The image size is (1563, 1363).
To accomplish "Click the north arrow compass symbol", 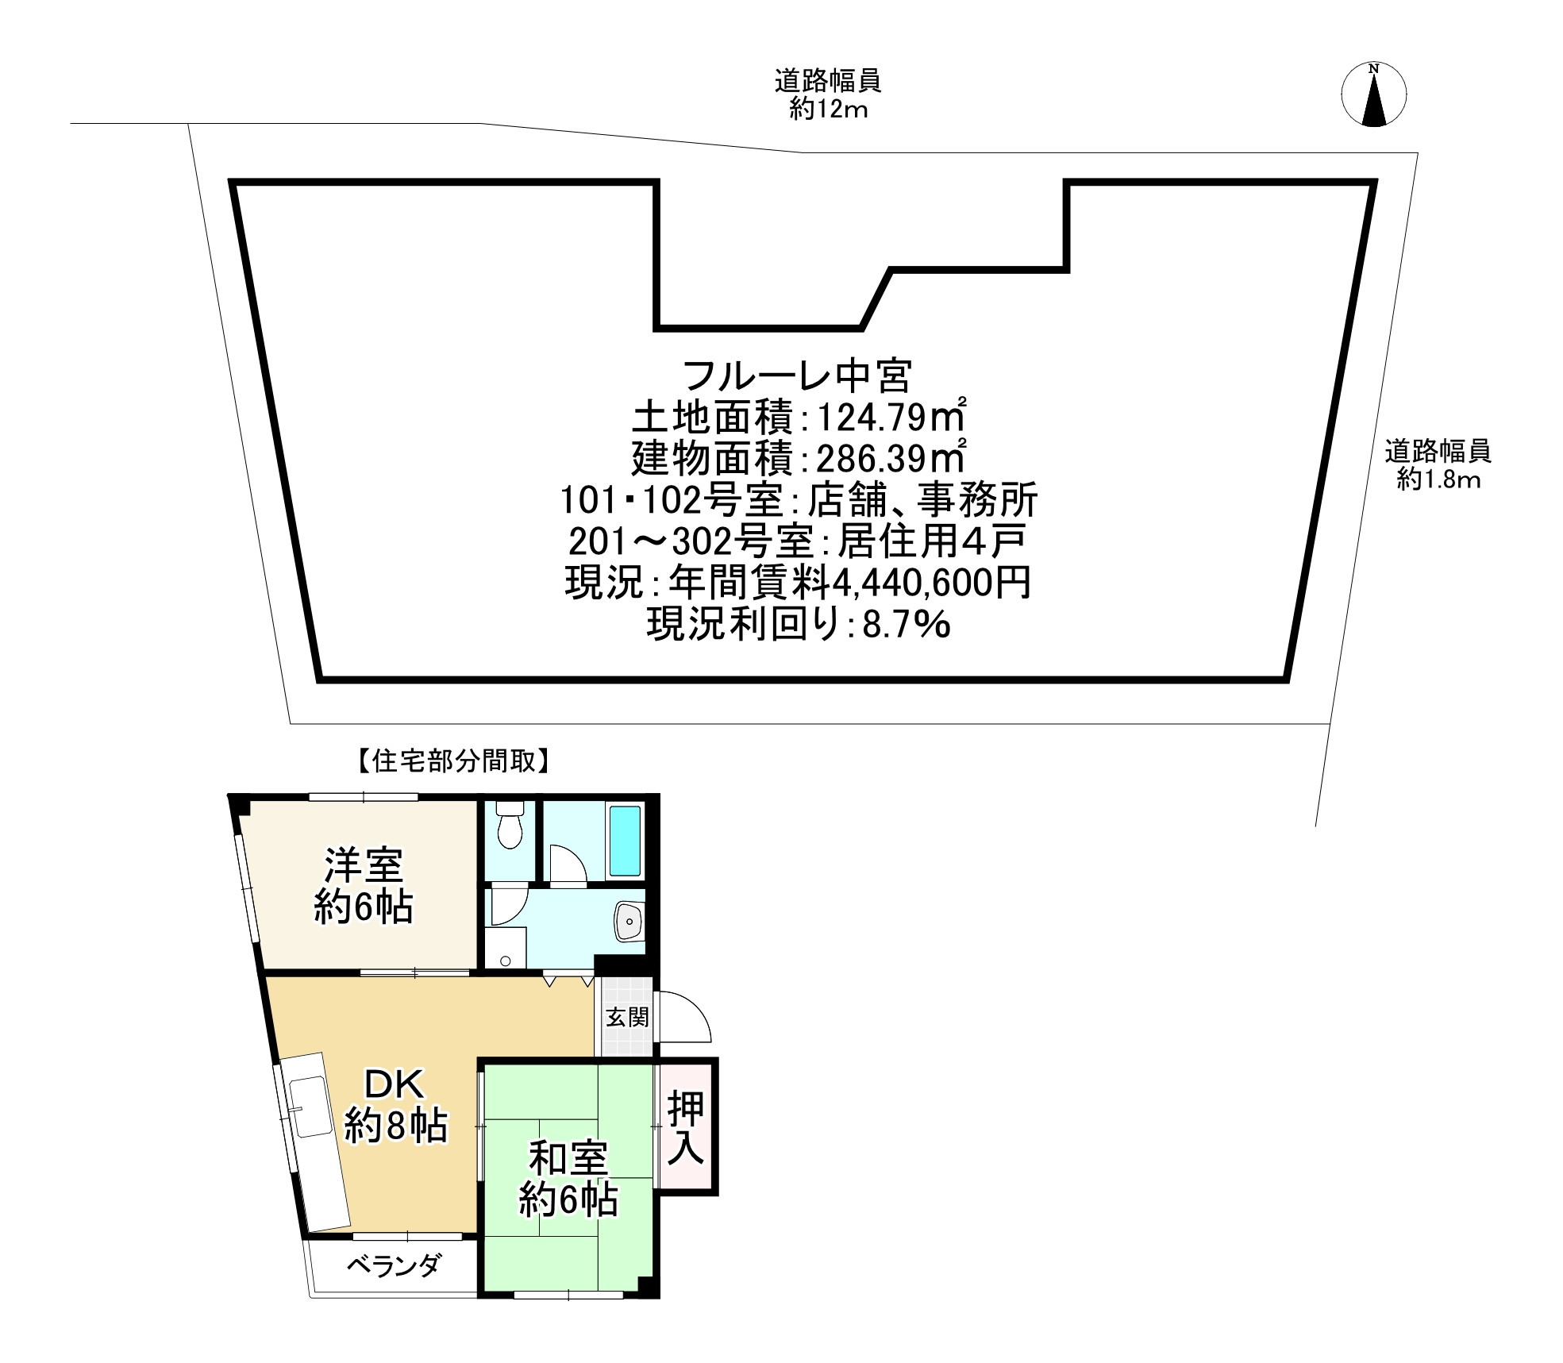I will tap(1373, 94).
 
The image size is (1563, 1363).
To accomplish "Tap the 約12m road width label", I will tap(828, 110).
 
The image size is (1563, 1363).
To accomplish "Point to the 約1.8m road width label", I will tap(1438, 479).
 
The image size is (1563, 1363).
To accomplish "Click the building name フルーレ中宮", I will tap(797, 376).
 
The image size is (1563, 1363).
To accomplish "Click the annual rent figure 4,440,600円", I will tap(931, 583).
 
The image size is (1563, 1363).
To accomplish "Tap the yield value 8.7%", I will tap(906, 625).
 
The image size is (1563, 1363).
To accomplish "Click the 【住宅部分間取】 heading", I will tap(450, 763).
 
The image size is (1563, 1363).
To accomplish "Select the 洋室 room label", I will tap(364, 865).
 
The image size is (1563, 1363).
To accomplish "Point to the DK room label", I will tap(395, 1082).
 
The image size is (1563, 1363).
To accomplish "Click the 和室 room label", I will tap(568, 1160).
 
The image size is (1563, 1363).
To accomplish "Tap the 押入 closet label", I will tap(685, 1128).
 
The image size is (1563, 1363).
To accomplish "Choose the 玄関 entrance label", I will tap(627, 1017).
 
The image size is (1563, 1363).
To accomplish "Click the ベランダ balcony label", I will tap(393, 1265).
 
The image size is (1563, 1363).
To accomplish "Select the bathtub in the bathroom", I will tap(625, 841).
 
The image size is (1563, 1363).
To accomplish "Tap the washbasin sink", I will tap(629, 922).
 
